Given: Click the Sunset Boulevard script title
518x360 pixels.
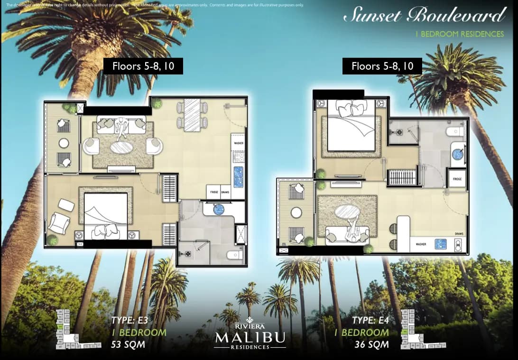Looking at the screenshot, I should (x=424, y=16).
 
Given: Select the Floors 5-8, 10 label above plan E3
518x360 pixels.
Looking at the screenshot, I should (x=143, y=66).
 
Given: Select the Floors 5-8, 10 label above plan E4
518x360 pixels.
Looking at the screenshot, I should (x=382, y=66).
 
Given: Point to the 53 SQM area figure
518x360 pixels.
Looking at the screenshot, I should (x=128, y=344).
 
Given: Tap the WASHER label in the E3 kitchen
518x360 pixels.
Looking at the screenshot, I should (x=238, y=142).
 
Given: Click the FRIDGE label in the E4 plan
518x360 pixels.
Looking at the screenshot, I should (x=457, y=179).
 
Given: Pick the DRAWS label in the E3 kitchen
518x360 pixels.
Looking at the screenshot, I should (x=225, y=193).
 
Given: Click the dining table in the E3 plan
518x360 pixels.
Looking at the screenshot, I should (x=192, y=115).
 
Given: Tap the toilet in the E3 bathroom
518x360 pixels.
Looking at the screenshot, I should (x=234, y=255).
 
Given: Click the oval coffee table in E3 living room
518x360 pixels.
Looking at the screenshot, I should (x=122, y=147).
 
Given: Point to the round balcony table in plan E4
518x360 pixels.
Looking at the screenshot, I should (x=296, y=213).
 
